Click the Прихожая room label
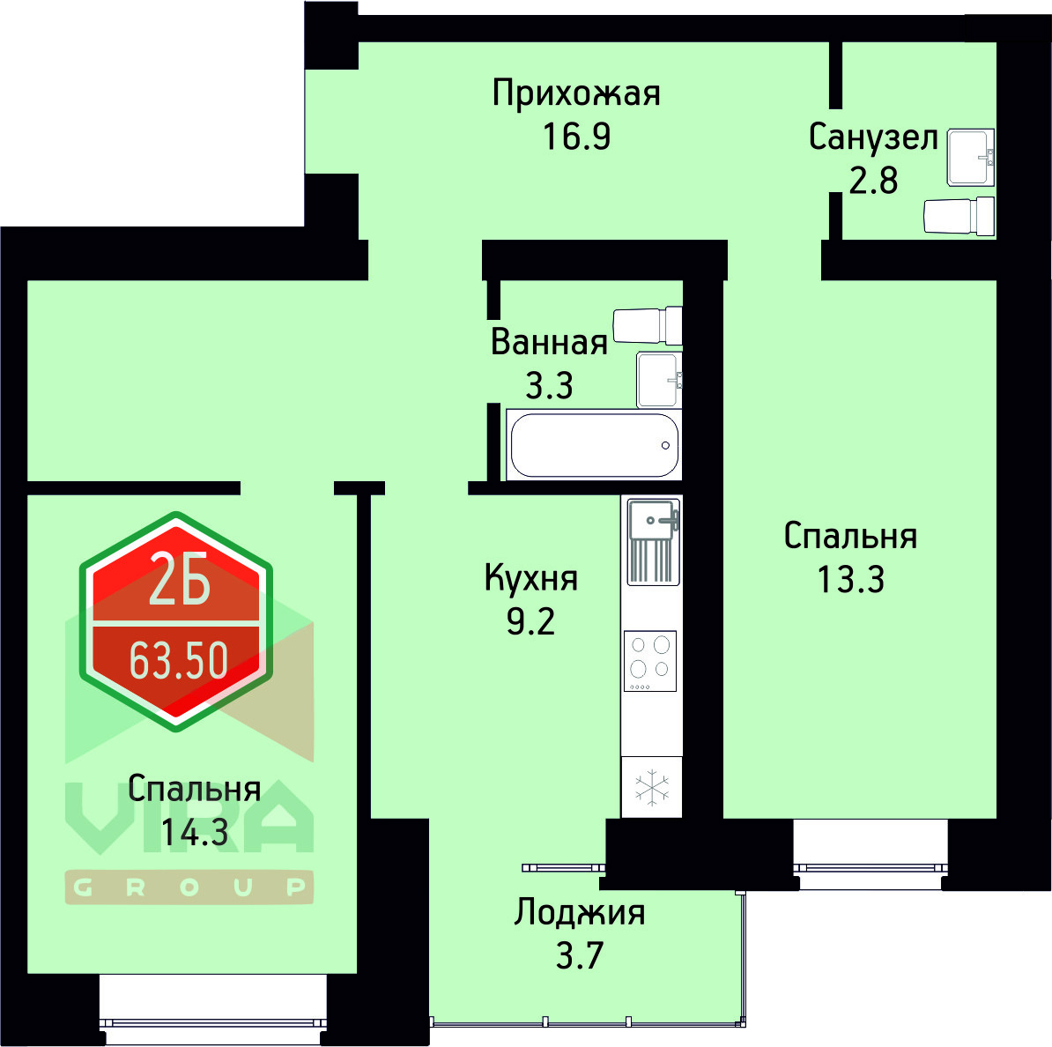click(x=576, y=93)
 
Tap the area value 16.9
click(x=576, y=137)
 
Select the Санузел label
click(x=872, y=137)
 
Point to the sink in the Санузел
click(x=970, y=157)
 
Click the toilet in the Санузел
click(x=959, y=216)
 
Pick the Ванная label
click(x=549, y=342)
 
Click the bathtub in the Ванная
click(x=594, y=445)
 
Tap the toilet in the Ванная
click(x=648, y=325)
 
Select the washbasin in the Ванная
click(x=658, y=380)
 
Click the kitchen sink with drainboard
click(x=653, y=541)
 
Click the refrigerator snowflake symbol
click(x=652, y=787)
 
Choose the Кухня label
click(x=531, y=579)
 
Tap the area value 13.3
click(x=850, y=580)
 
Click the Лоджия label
click(x=580, y=913)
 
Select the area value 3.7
click(x=579, y=955)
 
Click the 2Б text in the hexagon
click(x=179, y=580)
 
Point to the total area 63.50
click(x=179, y=660)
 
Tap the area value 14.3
click(x=195, y=831)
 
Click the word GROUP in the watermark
click(x=189, y=887)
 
